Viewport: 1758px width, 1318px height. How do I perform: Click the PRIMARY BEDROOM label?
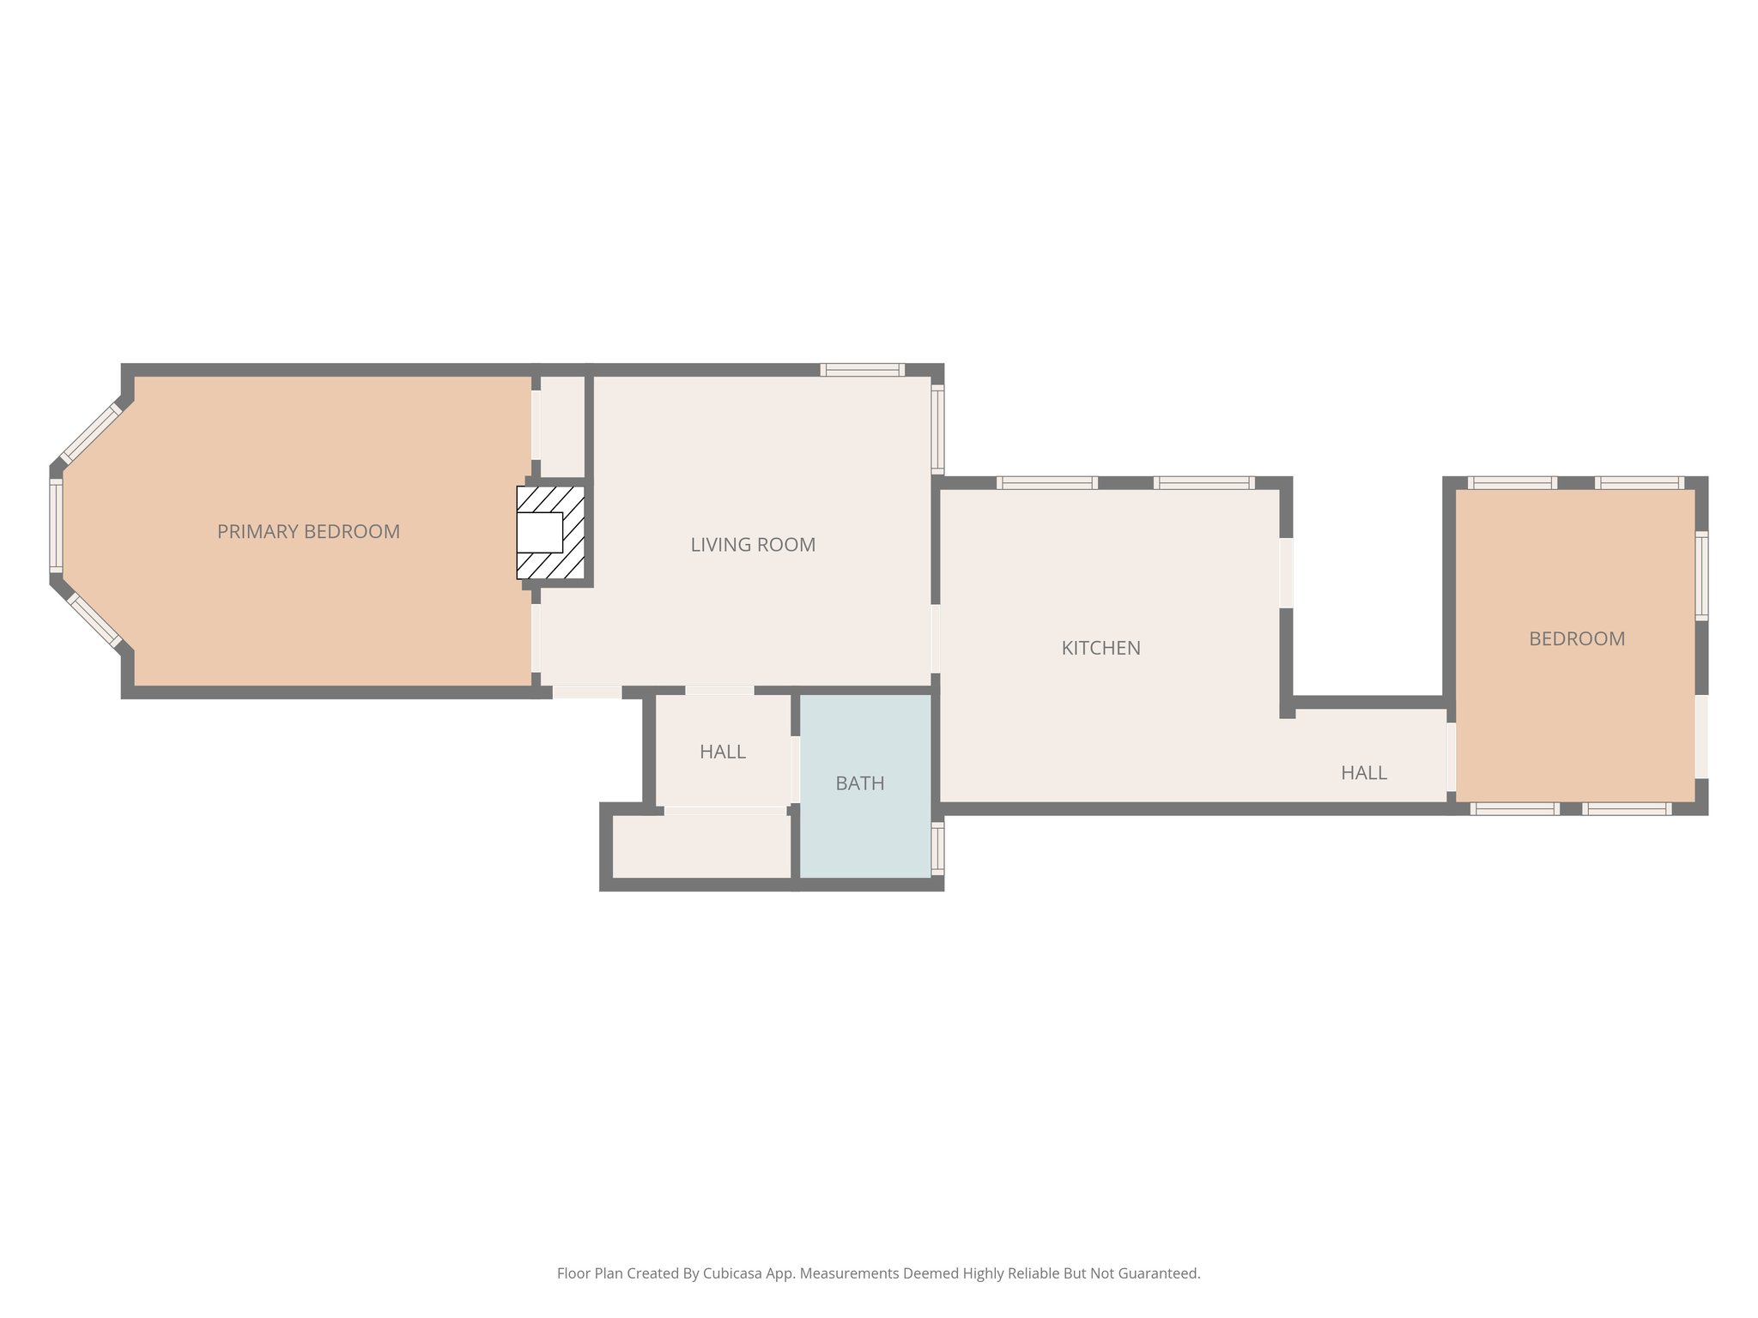click(x=308, y=532)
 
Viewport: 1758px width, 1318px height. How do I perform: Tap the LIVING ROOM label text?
click(x=753, y=545)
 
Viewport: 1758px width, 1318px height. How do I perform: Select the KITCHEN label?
click(x=1100, y=649)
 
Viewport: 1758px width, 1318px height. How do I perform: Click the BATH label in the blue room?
click(x=859, y=783)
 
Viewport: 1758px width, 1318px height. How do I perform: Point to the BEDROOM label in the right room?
click(x=1576, y=639)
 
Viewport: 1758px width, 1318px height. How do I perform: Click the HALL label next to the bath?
click(x=722, y=753)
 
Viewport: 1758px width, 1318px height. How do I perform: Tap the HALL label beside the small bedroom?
click(x=1363, y=773)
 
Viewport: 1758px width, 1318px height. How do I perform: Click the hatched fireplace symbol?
click(x=550, y=533)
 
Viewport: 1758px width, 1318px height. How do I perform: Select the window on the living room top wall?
click(x=862, y=370)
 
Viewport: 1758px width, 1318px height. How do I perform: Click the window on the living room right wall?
click(x=937, y=428)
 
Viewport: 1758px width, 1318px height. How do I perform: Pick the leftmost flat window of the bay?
click(x=56, y=525)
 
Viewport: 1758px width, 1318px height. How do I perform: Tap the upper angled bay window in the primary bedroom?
click(x=91, y=432)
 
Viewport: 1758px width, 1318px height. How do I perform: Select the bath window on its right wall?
click(x=937, y=849)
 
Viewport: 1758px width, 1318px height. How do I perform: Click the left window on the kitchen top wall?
click(x=1046, y=483)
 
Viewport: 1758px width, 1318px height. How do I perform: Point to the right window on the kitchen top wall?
click(x=1203, y=483)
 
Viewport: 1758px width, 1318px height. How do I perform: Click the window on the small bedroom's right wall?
click(x=1700, y=575)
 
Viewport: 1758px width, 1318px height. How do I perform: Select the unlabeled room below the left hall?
click(x=700, y=846)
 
